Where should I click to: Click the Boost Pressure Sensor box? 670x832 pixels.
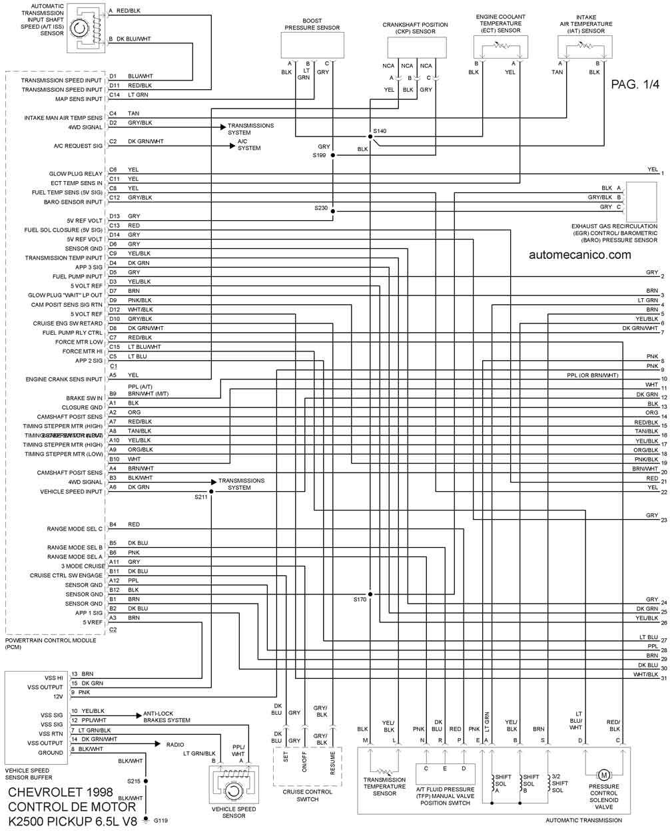pos(312,45)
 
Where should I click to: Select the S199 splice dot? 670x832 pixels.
pos(334,156)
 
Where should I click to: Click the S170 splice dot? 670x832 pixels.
pos(370,594)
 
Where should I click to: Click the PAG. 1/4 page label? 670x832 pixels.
pos(633,85)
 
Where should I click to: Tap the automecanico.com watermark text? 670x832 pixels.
pos(579,254)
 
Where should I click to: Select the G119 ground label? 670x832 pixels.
pos(161,821)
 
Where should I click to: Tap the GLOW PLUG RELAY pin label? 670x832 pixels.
pos(76,174)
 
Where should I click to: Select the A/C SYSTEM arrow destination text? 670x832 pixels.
pos(249,145)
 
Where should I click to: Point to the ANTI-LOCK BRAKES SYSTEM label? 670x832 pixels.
pos(167,716)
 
